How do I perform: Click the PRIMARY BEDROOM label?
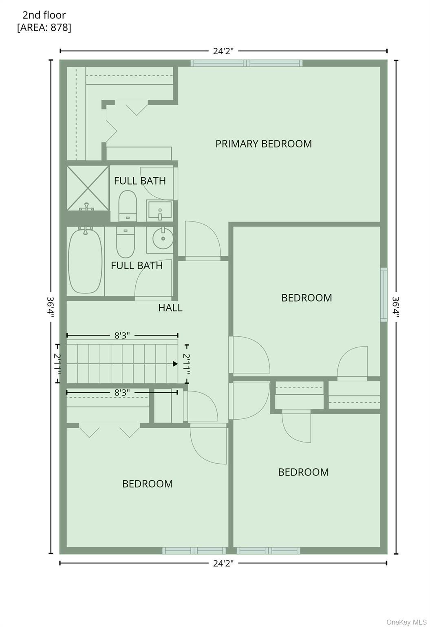pyautogui.click(x=263, y=144)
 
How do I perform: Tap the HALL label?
pyautogui.click(x=170, y=308)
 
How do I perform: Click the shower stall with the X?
pyautogui.click(x=88, y=188)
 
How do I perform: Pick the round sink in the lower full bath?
pyautogui.click(x=163, y=238)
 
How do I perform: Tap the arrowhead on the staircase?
pyautogui.click(x=175, y=364)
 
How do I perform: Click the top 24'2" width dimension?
pyautogui.click(x=223, y=51)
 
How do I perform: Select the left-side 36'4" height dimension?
pyautogui.click(x=51, y=307)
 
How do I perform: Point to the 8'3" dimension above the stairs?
pyautogui.click(x=122, y=335)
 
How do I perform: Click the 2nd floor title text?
pyautogui.click(x=44, y=15)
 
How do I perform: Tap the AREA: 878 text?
pyautogui.click(x=44, y=27)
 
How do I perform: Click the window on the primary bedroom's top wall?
pyautogui.click(x=247, y=63)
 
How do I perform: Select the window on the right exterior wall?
pyautogui.click(x=384, y=294)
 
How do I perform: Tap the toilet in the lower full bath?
pyautogui.click(x=126, y=242)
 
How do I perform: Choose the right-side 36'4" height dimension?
pyautogui.click(x=396, y=307)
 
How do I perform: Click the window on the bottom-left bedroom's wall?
pyautogui.click(x=194, y=551)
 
